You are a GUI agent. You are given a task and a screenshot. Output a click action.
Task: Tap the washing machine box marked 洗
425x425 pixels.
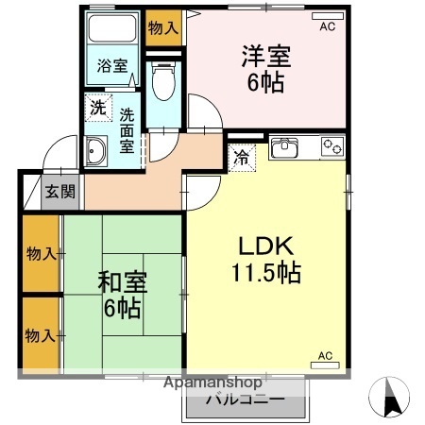[x=96, y=108]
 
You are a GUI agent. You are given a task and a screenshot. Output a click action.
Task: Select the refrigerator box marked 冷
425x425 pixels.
[x=242, y=157]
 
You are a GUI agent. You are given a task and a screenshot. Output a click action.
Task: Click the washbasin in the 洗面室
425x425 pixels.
[x=95, y=151]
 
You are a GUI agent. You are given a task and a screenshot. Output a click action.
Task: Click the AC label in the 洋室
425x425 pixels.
[x=327, y=26]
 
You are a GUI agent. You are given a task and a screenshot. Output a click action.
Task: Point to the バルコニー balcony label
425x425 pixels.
[x=245, y=399]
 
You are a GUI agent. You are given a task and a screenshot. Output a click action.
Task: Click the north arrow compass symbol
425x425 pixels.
[x=394, y=398]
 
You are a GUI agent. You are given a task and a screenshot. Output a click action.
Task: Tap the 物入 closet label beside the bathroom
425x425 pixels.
[x=162, y=26]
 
